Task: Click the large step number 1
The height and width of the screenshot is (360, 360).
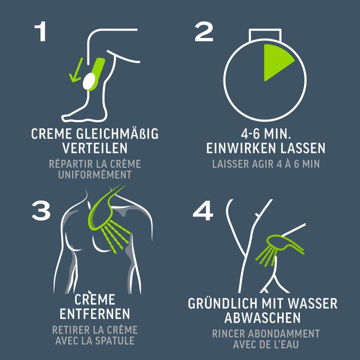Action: click(40, 31)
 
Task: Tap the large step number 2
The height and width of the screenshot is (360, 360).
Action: click(204, 31)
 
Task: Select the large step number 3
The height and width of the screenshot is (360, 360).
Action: click(41, 210)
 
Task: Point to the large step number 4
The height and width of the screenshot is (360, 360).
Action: click(203, 210)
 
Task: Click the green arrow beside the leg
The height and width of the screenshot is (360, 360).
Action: click(76, 69)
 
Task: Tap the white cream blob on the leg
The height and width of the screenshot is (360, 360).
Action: click(89, 81)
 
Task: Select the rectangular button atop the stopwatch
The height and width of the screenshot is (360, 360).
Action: click(265, 35)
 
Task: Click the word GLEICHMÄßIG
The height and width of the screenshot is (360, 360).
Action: click(117, 133)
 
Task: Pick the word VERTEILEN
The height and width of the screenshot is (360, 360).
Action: click(95, 148)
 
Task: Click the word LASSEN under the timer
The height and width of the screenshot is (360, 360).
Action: click(303, 148)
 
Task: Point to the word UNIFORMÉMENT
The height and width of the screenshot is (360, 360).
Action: click(95, 174)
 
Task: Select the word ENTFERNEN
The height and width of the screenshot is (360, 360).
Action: click(95, 314)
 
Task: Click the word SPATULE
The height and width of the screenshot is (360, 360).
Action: click(115, 340)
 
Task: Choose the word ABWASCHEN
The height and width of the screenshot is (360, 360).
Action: click(262, 318)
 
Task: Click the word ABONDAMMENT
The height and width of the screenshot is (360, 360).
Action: click(284, 334)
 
